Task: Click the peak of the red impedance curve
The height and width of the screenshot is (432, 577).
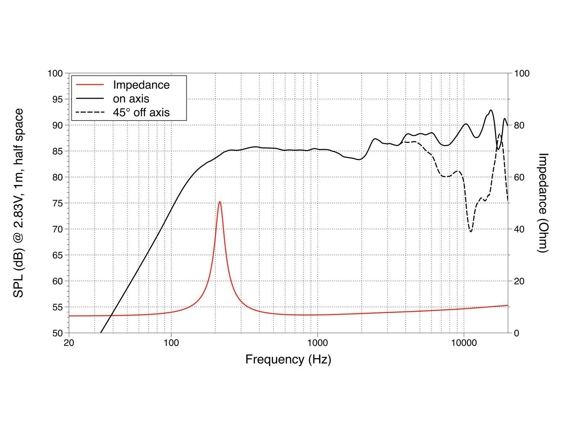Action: point(220,202)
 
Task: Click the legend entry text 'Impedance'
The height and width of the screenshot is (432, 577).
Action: point(141,85)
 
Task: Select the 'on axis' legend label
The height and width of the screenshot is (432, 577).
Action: point(131,99)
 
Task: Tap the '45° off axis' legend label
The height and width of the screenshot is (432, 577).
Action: point(141,113)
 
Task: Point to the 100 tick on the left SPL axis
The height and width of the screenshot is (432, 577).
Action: point(55,73)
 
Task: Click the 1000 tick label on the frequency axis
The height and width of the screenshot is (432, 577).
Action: point(317,343)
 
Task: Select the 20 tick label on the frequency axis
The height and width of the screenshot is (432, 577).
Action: point(69,343)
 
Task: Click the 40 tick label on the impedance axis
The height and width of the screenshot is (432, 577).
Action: point(519,229)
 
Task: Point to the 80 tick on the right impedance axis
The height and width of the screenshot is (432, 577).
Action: point(519,125)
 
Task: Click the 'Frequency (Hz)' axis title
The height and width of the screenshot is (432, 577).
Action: point(288,359)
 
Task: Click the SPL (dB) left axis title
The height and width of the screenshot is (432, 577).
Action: point(18,203)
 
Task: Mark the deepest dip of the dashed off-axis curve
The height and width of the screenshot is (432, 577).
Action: point(471,231)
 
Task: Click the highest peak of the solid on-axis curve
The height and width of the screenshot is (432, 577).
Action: point(491,110)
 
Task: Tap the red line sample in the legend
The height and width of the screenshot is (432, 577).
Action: point(90,85)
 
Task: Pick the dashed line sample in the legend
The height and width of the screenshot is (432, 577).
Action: point(90,113)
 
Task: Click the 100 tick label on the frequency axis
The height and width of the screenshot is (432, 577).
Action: point(171,343)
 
